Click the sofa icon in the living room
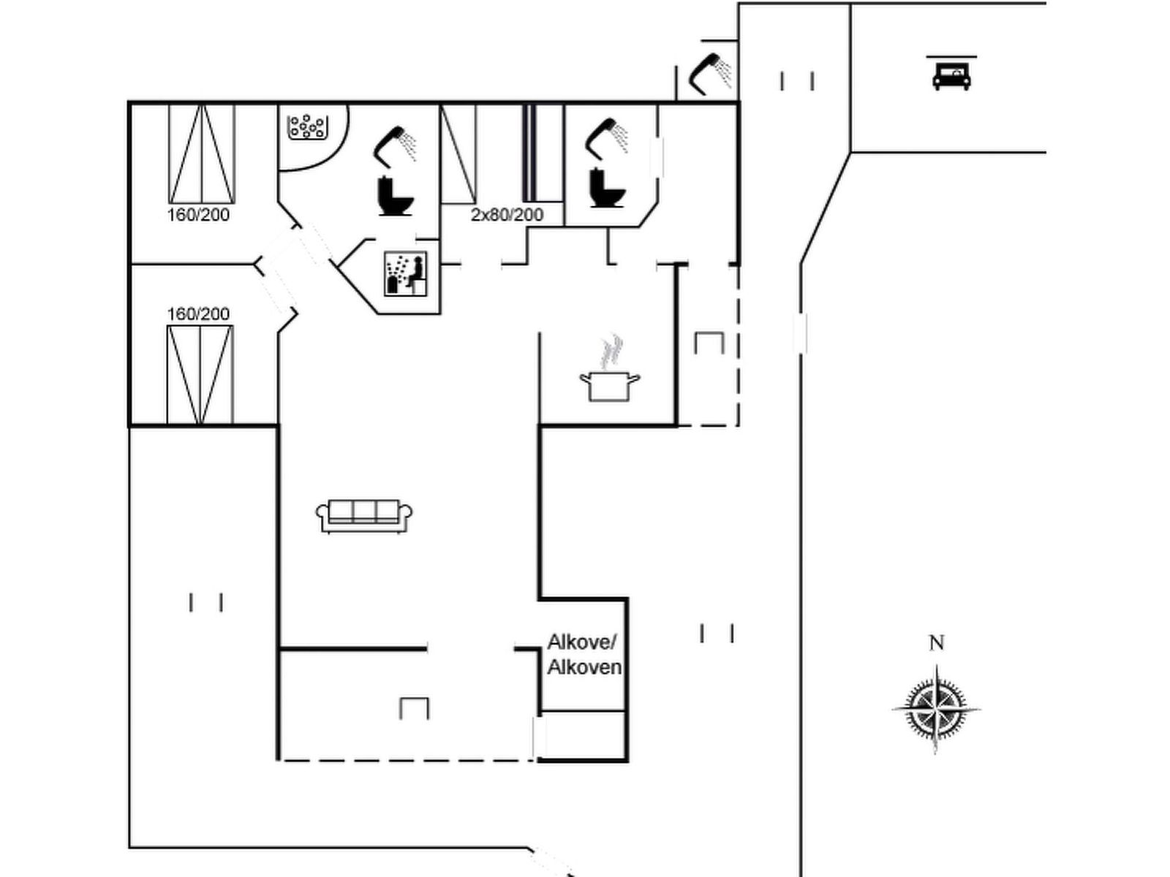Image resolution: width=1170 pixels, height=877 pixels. [x=364, y=515]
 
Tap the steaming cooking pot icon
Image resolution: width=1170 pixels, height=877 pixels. [x=610, y=386]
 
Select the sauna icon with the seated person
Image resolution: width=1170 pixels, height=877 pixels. [x=406, y=273]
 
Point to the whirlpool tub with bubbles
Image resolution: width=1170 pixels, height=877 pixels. [x=306, y=127]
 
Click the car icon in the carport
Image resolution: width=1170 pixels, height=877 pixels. [x=951, y=76]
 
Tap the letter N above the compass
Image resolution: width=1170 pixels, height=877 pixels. [x=937, y=643]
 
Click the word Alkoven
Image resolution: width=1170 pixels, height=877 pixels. [x=585, y=667]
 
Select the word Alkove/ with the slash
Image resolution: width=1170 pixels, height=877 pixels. [x=582, y=642]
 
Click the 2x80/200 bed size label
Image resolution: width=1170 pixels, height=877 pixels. [x=507, y=215]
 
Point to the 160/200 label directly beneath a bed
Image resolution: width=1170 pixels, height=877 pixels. [x=198, y=215]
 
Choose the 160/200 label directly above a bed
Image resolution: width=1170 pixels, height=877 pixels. [x=198, y=314]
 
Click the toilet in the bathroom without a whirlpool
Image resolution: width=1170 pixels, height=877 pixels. [x=608, y=187]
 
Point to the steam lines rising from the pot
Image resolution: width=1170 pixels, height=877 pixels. [x=611, y=352]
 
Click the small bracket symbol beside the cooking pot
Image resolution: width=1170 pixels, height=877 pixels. [x=709, y=343]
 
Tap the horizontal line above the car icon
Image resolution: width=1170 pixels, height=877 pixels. [x=951, y=56]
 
